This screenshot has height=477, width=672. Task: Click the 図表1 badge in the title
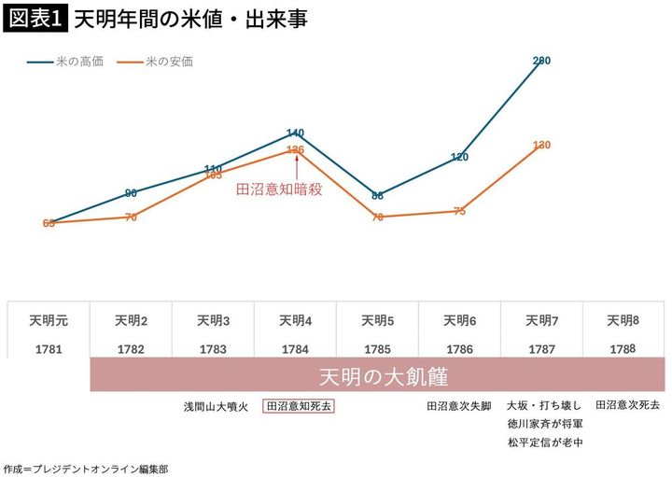(x=34, y=18)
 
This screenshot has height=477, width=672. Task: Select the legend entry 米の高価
(x=73, y=62)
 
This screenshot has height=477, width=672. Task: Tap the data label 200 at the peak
(x=541, y=61)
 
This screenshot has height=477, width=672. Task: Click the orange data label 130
(x=541, y=145)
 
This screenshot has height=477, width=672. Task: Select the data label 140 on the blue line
(x=296, y=133)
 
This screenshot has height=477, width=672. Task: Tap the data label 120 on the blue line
(x=459, y=157)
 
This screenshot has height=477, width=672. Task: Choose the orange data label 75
(x=459, y=211)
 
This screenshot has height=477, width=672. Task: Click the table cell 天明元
(x=49, y=320)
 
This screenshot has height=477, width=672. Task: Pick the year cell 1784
(x=296, y=349)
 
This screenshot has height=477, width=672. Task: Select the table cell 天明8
(x=623, y=320)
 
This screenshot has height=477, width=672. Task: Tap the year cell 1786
(x=459, y=349)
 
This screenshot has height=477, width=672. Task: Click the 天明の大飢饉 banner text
(x=377, y=378)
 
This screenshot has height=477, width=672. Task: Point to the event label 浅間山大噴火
(x=215, y=406)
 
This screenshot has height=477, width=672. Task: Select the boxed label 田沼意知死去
(x=300, y=406)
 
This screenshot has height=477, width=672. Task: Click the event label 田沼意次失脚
(x=459, y=406)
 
